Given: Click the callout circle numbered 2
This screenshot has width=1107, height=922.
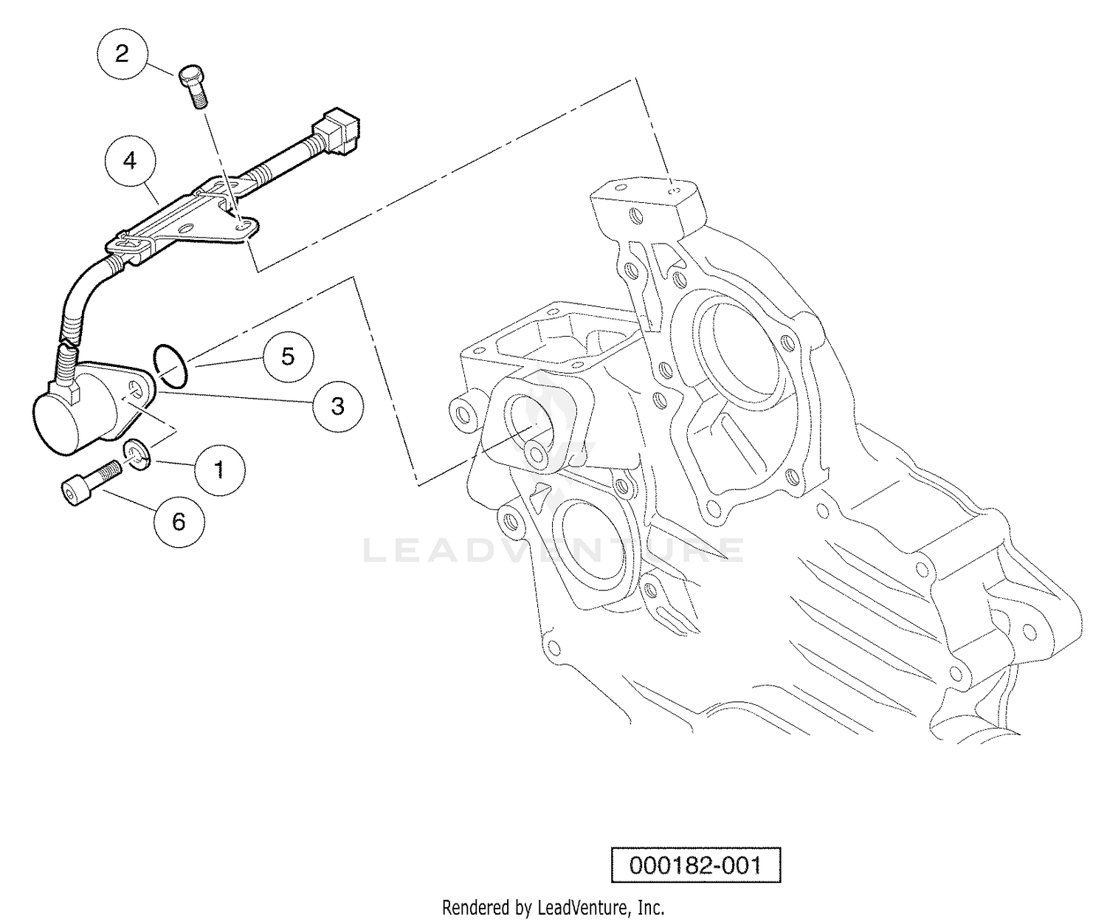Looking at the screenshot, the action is click(122, 54).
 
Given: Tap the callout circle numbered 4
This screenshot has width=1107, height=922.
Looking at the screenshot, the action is click(131, 160).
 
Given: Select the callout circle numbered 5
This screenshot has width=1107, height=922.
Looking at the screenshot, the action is click(288, 357).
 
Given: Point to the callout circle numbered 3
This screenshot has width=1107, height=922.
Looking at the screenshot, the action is click(338, 406).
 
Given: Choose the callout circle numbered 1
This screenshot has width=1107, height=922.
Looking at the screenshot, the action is click(219, 470).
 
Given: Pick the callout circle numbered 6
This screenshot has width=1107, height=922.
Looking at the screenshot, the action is click(179, 522).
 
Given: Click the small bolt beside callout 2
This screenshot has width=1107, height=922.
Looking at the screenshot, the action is click(194, 87).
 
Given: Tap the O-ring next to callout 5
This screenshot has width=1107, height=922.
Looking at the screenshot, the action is click(170, 365).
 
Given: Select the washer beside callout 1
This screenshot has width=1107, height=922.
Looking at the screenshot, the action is click(137, 455).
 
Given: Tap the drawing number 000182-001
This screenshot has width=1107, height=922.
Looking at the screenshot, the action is click(696, 865).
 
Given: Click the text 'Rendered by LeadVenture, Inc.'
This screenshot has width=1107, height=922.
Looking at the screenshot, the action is click(553, 908).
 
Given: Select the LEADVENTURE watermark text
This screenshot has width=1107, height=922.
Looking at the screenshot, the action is click(554, 550).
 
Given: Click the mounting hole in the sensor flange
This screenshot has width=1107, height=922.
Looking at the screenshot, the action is click(137, 388).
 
